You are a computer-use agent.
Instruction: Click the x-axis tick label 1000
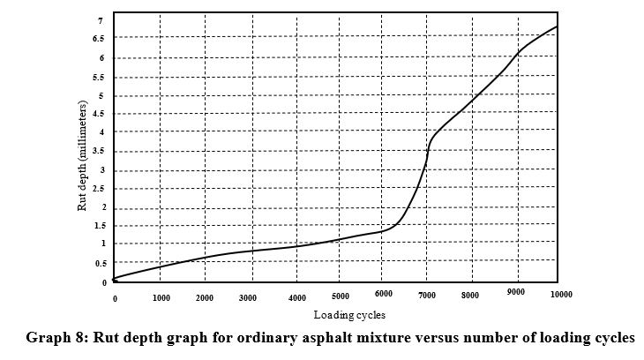[x=161, y=298]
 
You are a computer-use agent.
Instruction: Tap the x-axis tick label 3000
[x=249, y=298]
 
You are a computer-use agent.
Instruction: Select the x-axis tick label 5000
[x=341, y=296]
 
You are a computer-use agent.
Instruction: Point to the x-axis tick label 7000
[x=426, y=295]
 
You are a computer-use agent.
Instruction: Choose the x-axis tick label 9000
[x=517, y=293]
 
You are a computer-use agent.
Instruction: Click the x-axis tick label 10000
[x=561, y=293]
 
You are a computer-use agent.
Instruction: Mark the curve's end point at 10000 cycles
[x=558, y=26]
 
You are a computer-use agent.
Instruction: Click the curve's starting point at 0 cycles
[x=115, y=279]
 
